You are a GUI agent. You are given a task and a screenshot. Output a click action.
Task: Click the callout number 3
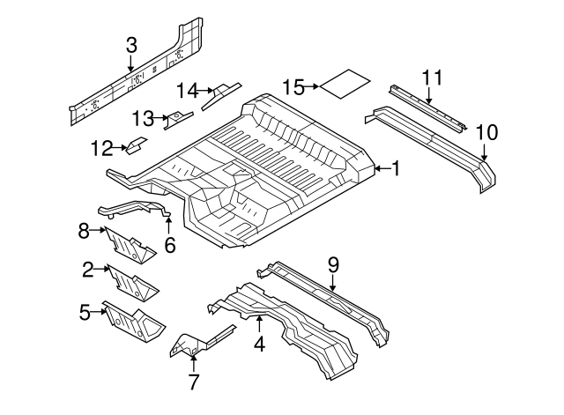coord(130,44)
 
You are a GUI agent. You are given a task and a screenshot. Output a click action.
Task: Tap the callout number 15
coord(293,86)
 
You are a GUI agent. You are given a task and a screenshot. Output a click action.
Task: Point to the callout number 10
coord(486,133)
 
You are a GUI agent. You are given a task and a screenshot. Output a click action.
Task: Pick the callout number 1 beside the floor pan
coord(396,167)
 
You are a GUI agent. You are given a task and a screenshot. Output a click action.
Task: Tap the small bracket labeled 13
coord(181,117)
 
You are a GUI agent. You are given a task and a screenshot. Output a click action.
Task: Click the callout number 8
coord(85,232)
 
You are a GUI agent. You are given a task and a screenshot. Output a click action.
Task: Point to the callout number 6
coord(170,246)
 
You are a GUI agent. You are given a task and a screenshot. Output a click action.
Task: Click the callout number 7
coord(194,381)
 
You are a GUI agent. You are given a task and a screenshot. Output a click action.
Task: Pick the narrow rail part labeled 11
coord(427,110)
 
